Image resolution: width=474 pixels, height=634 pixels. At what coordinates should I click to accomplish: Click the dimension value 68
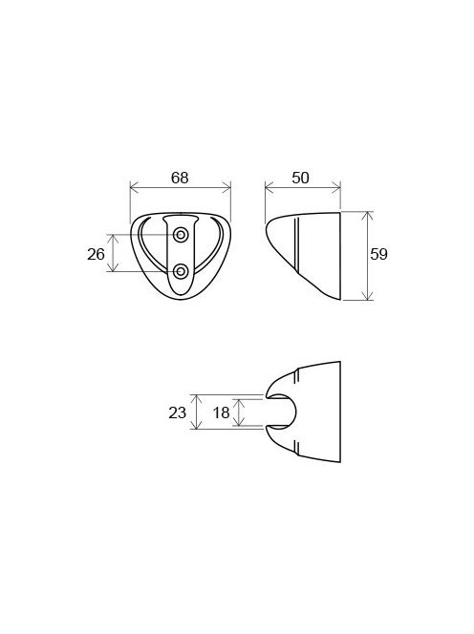pos(180,178)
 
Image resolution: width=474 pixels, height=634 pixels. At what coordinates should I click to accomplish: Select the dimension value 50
pos(300,178)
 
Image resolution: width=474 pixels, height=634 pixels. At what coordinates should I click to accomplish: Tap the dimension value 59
pos(378,254)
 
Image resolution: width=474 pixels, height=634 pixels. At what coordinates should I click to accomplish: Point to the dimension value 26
pos(96,254)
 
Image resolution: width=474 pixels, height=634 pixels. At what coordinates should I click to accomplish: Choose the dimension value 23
pos(178,412)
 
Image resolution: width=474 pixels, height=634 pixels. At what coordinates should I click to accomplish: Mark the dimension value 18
pos(221,412)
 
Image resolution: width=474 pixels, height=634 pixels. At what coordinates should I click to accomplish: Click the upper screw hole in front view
pos(180,235)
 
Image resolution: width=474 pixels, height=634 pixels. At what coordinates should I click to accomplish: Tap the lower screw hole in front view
pos(180,271)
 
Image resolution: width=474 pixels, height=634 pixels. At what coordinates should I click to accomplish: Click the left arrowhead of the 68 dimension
pos(135,187)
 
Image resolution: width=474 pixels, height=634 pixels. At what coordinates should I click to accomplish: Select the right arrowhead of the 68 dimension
pos(226,187)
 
